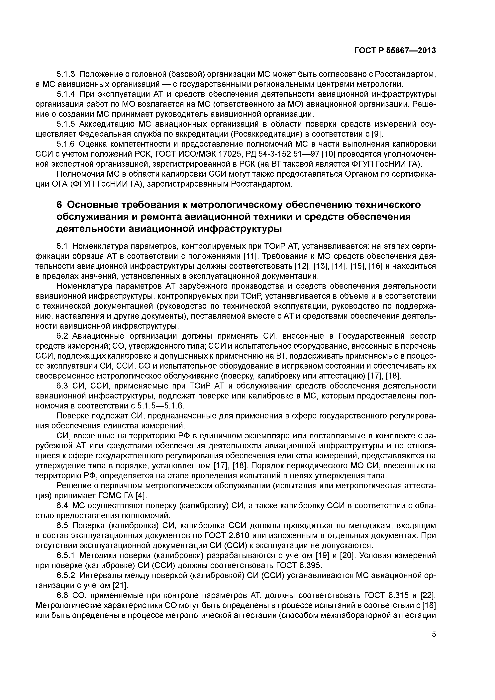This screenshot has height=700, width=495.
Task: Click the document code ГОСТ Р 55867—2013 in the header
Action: [x=395, y=51]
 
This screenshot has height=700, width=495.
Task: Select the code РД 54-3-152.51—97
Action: [x=285, y=154]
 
